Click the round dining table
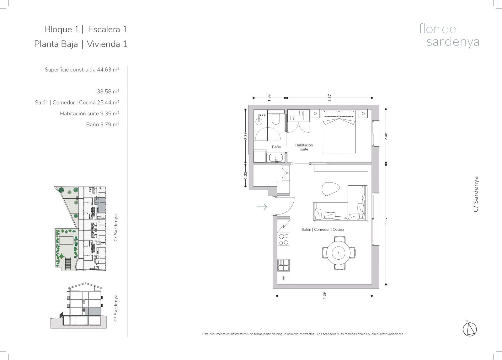[338, 253]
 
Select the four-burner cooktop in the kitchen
[284, 239]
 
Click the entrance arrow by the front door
[262, 207]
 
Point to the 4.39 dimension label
[324, 296]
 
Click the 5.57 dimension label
[386, 221]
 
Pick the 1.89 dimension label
[269, 98]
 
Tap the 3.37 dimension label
[329, 98]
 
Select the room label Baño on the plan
[276, 147]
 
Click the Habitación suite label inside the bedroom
[304, 147]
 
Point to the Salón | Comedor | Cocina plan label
[323, 230]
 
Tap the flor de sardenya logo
[449, 35]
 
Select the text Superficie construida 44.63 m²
[82, 69]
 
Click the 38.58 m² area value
[108, 91]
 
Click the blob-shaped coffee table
[330, 189]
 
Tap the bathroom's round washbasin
[259, 121]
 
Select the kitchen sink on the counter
[284, 265]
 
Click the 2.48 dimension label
[386, 136]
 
